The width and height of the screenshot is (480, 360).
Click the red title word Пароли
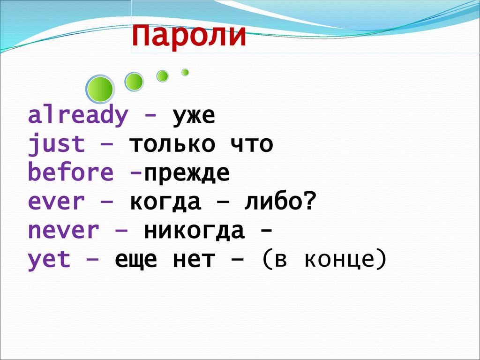tap(189, 36)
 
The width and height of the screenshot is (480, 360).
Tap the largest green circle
tap(100, 89)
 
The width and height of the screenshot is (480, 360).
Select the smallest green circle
tap(185, 72)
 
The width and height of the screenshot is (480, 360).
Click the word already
tap(78, 115)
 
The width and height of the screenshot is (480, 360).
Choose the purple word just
tap(56, 143)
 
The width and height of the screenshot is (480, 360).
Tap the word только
tap(172, 143)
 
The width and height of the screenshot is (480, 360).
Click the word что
tap(251, 144)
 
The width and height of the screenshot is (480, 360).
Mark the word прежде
tap(187, 173)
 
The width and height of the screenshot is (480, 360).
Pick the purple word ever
tap(56, 202)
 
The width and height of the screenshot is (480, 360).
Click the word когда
tap(165, 202)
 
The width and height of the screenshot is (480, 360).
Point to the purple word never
tap(63, 231)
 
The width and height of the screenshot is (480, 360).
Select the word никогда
tap(195, 231)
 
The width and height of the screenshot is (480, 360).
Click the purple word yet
tap(49, 261)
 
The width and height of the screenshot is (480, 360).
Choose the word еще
tap(136, 261)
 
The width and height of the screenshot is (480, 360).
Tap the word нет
tap(194, 260)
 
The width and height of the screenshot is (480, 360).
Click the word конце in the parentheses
tap(339, 260)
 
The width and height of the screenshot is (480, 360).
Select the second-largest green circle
tap(134, 82)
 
